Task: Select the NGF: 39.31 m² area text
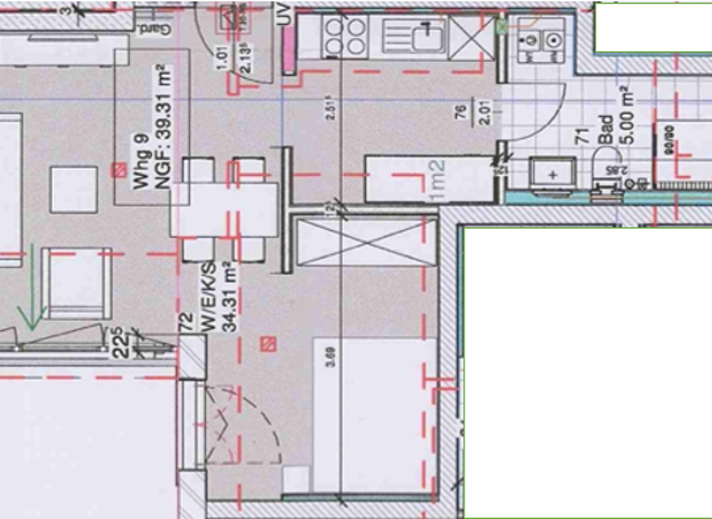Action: tap(160, 128)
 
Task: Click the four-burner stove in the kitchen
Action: tap(344, 37)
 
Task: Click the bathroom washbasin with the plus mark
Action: tap(554, 173)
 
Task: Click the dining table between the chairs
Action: tap(224, 209)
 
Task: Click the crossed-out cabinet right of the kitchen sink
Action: tap(474, 37)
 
